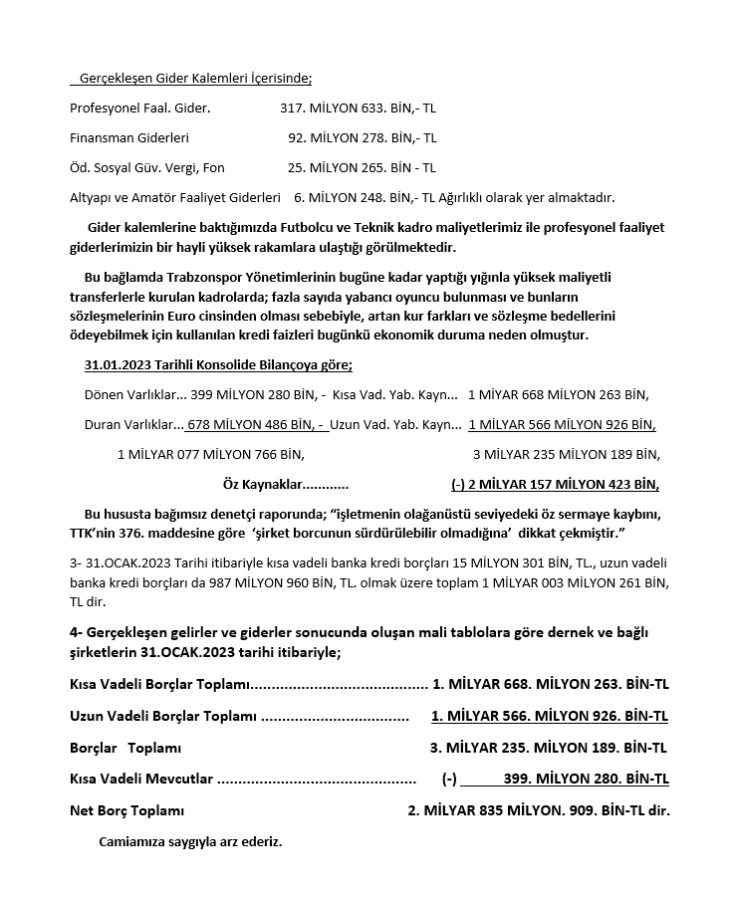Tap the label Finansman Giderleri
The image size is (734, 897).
(x=129, y=137)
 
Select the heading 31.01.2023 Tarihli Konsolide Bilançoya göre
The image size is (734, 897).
(x=218, y=365)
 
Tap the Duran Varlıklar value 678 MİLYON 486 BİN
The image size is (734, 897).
(x=254, y=424)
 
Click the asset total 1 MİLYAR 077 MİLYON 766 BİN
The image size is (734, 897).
(x=211, y=454)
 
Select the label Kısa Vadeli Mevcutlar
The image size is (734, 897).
(x=141, y=779)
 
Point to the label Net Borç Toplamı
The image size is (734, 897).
(x=126, y=810)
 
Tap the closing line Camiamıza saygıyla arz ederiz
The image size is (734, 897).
(x=190, y=841)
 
